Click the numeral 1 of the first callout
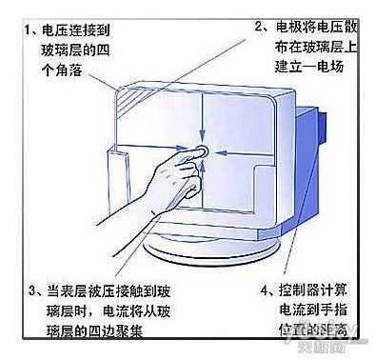pos(29,30)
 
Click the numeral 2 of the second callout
pos(260,27)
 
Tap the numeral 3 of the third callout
pos(33,290)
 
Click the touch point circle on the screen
pos(202,150)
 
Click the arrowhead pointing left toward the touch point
pos(221,153)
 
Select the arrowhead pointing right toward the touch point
pos(181,148)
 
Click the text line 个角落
pos(62,70)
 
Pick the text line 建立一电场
pos(309,67)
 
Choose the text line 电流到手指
pos(313,310)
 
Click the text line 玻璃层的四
pos(75,50)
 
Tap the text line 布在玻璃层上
pos(316,47)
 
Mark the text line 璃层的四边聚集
pos(94,330)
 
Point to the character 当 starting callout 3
pos(53,290)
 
